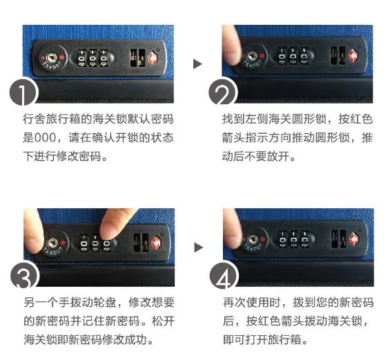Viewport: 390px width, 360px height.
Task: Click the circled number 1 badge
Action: pos(23,92)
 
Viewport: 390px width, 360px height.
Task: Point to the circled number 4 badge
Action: pos(223,275)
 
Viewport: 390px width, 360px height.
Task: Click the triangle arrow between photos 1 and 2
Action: pos(197,64)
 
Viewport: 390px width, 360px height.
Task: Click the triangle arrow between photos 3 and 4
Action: pos(198,247)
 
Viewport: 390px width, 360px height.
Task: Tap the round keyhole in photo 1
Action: pos(52,58)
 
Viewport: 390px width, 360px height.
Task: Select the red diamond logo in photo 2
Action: pos(353,56)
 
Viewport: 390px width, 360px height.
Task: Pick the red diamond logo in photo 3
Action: pos(156,242)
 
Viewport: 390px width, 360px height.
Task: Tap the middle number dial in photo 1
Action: pos(92,58)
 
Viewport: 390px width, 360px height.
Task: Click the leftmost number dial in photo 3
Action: pos(84,243)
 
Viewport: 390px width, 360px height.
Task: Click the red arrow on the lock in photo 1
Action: pos(62,58)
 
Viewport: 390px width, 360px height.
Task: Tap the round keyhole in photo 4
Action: pos(253,240)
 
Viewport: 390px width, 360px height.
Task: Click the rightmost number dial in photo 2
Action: pos(304,56)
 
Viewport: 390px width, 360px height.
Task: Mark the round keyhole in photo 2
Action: pos(252,57)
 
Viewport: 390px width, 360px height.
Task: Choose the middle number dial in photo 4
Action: pos(293,239)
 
